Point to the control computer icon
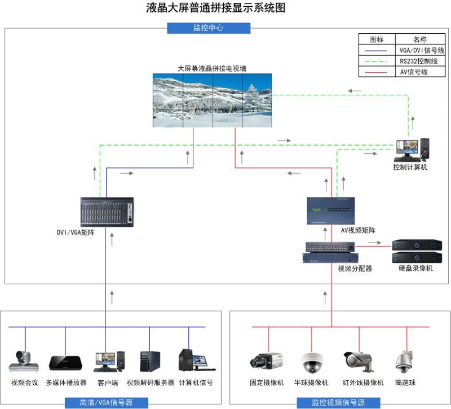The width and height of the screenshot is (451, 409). tap(410, 150)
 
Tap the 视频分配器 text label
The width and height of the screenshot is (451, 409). tap(355, 269)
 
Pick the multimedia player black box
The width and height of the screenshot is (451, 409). tap(65, 362)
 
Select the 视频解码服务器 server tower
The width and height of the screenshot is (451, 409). tap(150, 361)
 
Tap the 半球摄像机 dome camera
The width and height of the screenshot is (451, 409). tap(311, 362)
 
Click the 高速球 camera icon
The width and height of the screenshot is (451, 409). tap(404, 362)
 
